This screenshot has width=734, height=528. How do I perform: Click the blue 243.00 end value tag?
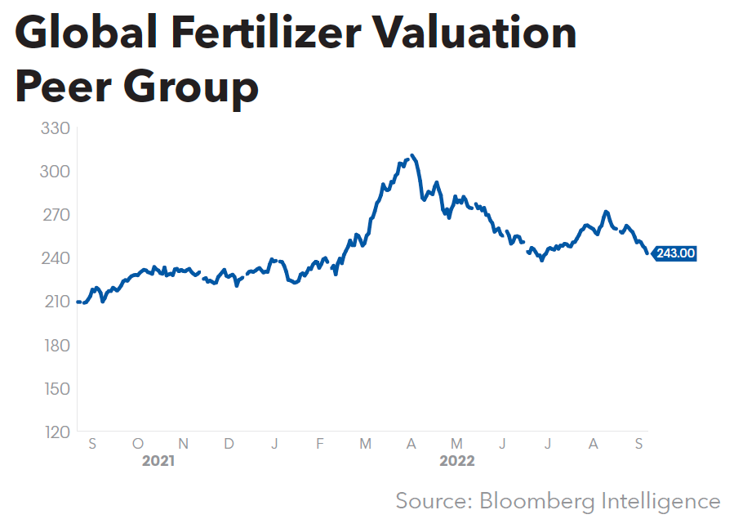(674, 253)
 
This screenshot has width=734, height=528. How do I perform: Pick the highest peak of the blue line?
(413, 155)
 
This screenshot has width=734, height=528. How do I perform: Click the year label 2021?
(158, 461)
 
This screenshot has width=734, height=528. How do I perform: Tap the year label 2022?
(457, 461)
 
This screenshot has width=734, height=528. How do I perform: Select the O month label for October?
(137, 444)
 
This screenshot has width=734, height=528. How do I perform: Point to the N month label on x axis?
(184, 444)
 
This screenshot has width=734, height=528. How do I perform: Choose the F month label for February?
(320, 444)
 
